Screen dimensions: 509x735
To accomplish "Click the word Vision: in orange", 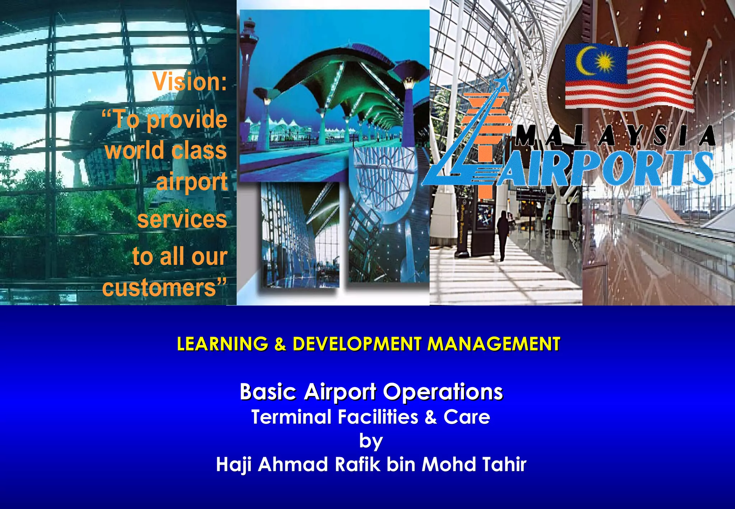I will coord(189,82).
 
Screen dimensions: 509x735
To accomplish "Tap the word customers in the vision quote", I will coord(159,288).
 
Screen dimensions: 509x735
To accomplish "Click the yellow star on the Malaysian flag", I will coord(605,62).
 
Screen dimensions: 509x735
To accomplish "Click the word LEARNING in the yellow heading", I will coord(223,344).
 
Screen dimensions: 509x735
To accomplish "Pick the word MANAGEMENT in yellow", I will coord(494,344).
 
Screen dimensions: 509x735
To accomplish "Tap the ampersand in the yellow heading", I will coord(280,344).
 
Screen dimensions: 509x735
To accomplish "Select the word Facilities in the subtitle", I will coord(378,417).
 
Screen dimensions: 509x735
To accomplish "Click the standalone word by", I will coord(371,441).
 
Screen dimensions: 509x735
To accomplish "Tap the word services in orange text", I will coord(182,219).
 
